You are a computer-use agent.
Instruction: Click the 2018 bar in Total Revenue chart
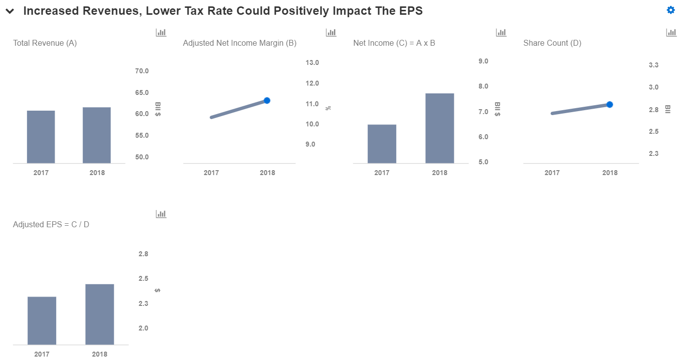[96, 135]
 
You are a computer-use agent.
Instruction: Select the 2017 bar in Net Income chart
[382, 144]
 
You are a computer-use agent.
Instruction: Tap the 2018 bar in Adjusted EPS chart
[99, 314]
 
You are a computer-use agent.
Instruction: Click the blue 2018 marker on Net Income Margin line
[267, 100]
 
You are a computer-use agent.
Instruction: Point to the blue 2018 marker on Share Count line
[609, 104]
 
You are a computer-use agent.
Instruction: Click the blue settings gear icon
[671, 10]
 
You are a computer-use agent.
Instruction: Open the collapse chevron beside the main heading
[10, 12]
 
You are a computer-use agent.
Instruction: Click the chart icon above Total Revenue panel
[161, 32]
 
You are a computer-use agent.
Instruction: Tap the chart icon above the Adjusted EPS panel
[161, 214]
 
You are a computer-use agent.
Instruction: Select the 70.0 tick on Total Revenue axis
[142, 71]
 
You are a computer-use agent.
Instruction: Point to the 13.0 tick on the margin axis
[312, 62]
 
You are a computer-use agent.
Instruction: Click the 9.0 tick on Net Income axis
[483, 61]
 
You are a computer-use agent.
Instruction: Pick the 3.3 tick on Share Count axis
[654, 65]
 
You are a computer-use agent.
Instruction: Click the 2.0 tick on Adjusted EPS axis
[143, 328]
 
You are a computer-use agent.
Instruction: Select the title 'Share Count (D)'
[552, 43]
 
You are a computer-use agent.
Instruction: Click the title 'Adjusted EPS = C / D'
[51, 225]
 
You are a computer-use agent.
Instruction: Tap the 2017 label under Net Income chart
[382, 173]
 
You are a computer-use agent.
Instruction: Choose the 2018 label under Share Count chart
[610, 173]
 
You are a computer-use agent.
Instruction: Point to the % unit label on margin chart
[328, 108]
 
